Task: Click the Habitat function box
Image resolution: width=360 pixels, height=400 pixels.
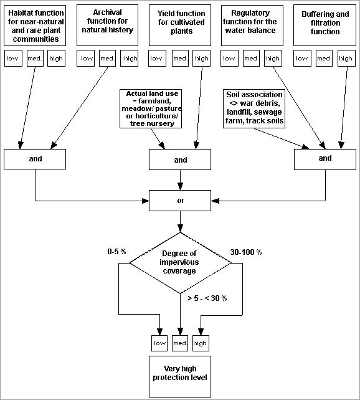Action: point(36,25)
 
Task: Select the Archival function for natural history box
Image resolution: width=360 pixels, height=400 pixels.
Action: point(108,25)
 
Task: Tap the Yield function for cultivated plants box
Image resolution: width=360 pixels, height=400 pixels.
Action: point(180,25)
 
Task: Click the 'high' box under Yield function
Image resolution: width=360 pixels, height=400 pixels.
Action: point(201,59)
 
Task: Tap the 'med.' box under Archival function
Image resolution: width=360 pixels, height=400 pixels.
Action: point(108,59)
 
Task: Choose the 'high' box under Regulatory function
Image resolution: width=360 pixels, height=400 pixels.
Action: point(273,59)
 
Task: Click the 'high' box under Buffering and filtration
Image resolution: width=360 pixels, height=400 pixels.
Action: point(345,59)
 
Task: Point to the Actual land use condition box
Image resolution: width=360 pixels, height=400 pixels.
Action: point(152,110)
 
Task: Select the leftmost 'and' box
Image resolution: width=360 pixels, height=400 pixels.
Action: point(36,159)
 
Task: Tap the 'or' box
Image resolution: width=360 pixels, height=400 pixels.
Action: point(181,201)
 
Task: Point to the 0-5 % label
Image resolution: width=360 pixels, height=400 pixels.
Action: point(116,252)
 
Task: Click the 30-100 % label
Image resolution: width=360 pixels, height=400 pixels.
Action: point(246,252)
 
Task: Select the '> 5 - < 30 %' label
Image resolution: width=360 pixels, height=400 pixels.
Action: point(207,298)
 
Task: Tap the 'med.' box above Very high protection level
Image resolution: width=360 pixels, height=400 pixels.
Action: point(180,343)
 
